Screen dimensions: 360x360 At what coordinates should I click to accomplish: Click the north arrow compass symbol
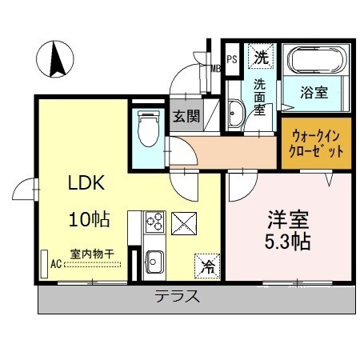[x=55, y=59]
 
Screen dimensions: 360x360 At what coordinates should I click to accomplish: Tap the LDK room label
[x=86, y=183]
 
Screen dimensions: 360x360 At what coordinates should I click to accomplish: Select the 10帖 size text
[x=90, y=219]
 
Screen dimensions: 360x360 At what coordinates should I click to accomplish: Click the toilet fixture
[x=149, y=129]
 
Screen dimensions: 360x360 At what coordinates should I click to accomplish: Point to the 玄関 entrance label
[x=186, y=116]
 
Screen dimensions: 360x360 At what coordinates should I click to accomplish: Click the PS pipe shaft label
[x=232, y=59]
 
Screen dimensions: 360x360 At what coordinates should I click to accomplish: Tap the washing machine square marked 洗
[x=261, y=57]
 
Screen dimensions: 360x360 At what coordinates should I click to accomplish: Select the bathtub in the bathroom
[x=317, y=61]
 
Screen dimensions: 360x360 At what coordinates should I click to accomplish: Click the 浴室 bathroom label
[x=314, y=93]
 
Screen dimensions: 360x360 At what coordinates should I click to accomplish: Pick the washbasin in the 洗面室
[x=236, y=113]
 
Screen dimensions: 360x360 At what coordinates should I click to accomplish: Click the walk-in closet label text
[x=316, y=144]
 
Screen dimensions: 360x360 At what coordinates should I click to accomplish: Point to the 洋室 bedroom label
[x=288, y=220]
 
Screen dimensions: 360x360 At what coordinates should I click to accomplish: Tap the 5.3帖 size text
[x=287, y=242]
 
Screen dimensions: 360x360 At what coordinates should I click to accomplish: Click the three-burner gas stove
[x=154, y=222]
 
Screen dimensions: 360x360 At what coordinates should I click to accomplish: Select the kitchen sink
[x=154, y=262]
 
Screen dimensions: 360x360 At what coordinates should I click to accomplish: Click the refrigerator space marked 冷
[x=207, y=266]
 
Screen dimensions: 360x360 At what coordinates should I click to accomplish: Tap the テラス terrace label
[x=177, y=296]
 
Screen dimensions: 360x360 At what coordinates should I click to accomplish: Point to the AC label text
[x=56, y=264]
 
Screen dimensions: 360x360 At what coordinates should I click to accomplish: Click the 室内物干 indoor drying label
[x=92, y=254]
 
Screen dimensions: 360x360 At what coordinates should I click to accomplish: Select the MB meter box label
[x=216, y=69]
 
